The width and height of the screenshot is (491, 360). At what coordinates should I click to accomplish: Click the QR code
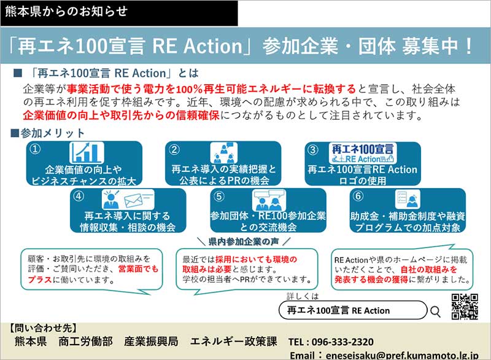point(465,307)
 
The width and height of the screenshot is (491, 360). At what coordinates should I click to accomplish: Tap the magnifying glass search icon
point(435,311)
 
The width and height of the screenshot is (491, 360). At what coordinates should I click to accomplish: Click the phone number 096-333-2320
point(342,342)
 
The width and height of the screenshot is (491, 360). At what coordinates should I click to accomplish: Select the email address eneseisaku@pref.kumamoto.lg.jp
point(402,356)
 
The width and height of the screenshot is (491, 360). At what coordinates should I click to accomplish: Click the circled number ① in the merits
point(35,149)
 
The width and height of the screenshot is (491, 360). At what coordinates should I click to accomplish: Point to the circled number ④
point(79,196)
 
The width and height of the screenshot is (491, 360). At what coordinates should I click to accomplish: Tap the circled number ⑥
point(358,196)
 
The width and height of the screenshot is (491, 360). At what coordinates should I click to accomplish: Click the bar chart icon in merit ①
point(87,153)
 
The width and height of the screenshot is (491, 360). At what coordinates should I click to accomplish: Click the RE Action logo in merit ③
point(363,153)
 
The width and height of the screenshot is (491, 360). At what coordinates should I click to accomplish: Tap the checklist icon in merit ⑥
point(402,197)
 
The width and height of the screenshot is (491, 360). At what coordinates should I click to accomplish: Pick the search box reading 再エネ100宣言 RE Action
point(353,310)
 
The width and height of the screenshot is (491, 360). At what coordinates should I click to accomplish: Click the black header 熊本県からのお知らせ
point(119,13)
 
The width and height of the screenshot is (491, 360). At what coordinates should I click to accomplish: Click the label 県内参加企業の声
point(244,241)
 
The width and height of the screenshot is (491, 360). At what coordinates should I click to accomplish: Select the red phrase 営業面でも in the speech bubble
point(139,269)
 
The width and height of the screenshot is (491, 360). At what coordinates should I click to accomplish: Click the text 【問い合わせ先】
point(42,328)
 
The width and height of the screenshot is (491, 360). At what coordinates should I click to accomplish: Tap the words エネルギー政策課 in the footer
point(234,342)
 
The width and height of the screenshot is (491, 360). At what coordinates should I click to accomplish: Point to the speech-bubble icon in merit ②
point(230,145)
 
